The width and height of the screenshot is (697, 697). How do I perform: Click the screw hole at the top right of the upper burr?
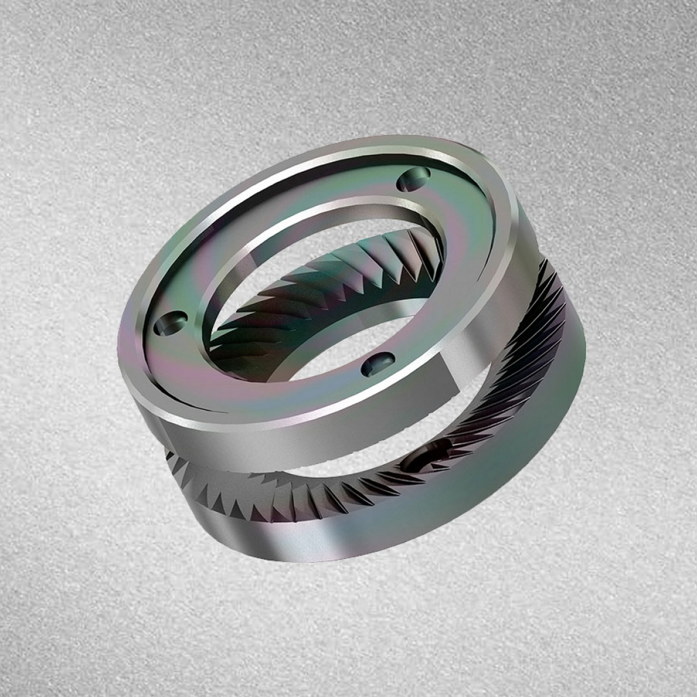(x=413, y=178)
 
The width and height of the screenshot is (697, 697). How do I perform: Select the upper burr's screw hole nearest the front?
(x=378, y=364)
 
